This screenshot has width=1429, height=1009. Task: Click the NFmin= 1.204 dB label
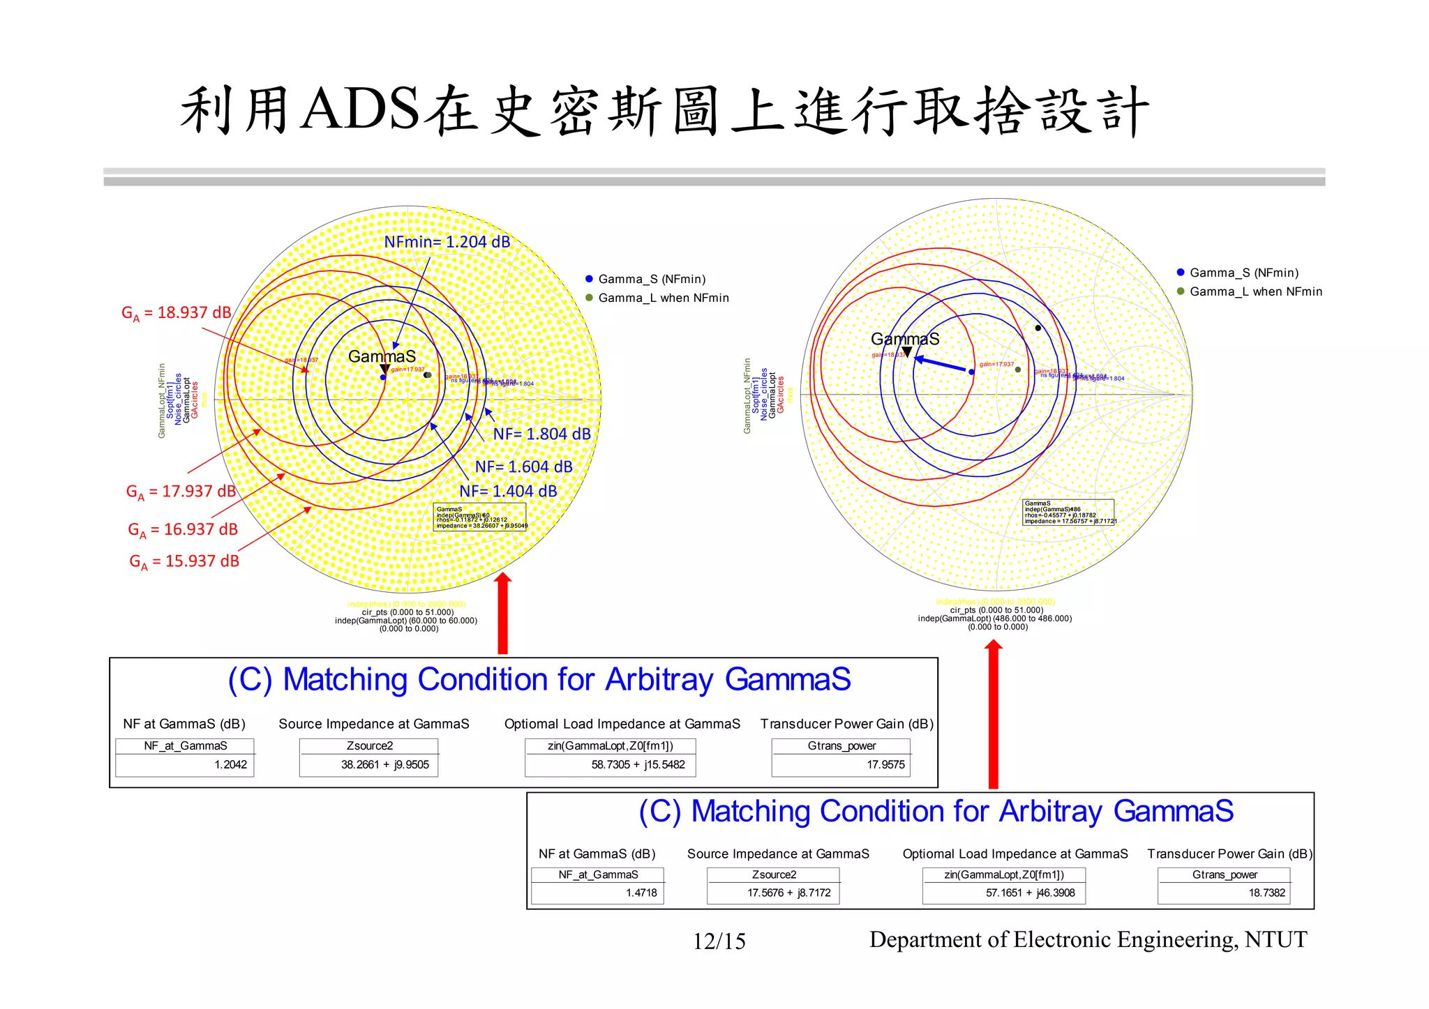point(447,242)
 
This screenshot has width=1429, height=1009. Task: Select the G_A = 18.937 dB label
point(176,313)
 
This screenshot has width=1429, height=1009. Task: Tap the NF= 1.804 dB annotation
point(541,434)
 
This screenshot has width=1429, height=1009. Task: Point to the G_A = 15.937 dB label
point(184,561)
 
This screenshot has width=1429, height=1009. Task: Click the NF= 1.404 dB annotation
point(508,492)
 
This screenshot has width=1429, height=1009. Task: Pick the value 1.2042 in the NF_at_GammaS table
point(230,765)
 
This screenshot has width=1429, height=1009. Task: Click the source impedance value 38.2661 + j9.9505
point(384,765)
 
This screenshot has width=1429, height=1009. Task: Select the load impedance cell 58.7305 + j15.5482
point(638,765)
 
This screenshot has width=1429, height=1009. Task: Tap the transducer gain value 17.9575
point(885,765)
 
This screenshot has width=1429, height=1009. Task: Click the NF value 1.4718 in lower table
point(641,893)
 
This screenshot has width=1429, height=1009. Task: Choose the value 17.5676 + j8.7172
point(788,893)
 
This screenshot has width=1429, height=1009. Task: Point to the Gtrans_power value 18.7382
point(1266,893)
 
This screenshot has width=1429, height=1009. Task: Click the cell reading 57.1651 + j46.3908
point(1030,893)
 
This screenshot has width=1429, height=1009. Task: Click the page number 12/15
point(719,942)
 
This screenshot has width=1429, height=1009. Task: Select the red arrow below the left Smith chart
point(502,614)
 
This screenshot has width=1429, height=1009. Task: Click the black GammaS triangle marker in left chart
point(384,369)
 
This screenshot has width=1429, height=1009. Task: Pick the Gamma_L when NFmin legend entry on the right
point(1255,291)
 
